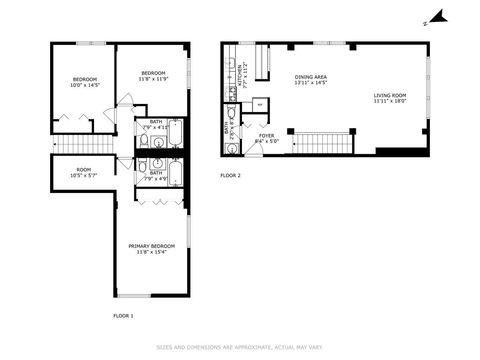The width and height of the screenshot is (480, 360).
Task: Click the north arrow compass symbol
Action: click(x=437, y=18)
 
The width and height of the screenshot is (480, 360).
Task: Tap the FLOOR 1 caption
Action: click(x=123, y=316)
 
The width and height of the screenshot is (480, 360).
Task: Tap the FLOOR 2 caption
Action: click(x=230, y=176)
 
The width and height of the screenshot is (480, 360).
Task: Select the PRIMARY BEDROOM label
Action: click(x=152, y=246)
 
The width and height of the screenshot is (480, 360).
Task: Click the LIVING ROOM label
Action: click(x=390, y=95)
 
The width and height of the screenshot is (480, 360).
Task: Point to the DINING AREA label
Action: click(x=311, y=77)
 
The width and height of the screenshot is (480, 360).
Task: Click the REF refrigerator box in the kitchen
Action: click(x=260, y=105)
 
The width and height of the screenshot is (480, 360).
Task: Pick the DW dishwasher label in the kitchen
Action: click(x=229, y=77)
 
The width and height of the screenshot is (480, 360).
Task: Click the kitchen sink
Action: click(x=229, y=64)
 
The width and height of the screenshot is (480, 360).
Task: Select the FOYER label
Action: click(x=266, y=136)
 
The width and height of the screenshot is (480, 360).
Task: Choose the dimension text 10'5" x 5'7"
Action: click(x=84, y=176)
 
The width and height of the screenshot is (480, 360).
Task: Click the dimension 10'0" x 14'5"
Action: click(x=85, y=85)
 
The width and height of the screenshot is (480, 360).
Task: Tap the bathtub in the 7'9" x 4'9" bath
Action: click(x=176, y=173)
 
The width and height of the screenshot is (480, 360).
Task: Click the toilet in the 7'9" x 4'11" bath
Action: click(x=144, y=141)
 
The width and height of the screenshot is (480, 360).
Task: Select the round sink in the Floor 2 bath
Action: click(x=232, y=148)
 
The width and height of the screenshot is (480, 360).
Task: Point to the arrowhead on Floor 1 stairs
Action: click(x=54, y=144)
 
